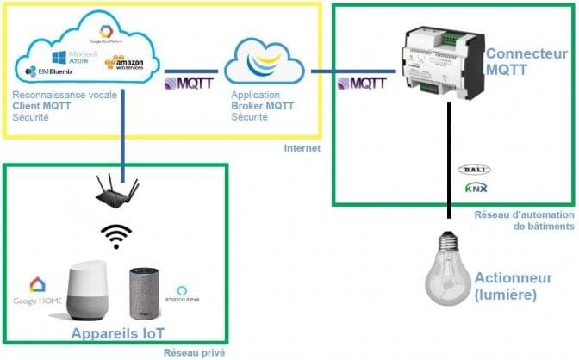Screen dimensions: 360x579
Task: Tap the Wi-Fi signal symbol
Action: [116, 235]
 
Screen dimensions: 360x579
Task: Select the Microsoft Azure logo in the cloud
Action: [69, 57]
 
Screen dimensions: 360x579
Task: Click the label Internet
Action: [302, 148]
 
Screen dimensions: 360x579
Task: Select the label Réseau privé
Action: [189, 351]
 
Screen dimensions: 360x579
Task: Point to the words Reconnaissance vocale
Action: [53, 97]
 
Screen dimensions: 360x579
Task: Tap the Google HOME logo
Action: [37, 291]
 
